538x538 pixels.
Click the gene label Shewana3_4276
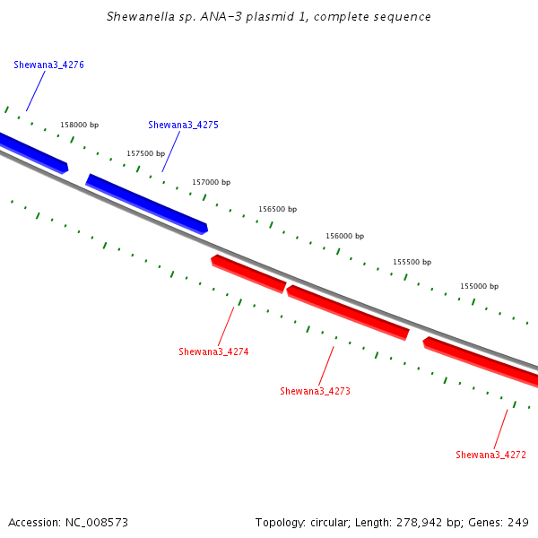point(49,65)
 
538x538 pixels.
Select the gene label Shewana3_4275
point(183,126)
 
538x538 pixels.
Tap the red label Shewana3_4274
point(213,352)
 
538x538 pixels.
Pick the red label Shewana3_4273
point(315,392)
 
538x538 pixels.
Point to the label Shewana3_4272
point(490,456)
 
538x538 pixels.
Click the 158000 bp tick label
point(79,126)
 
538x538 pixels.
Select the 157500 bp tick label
point(145,154)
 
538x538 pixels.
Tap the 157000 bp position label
point(211,183)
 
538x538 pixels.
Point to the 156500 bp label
point(277,210)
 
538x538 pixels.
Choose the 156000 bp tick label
point(344,237)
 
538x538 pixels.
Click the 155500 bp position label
point(412,263)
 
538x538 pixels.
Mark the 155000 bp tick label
point(479,287)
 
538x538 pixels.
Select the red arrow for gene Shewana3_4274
point(248,273)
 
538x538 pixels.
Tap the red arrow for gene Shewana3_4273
point(348,312)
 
